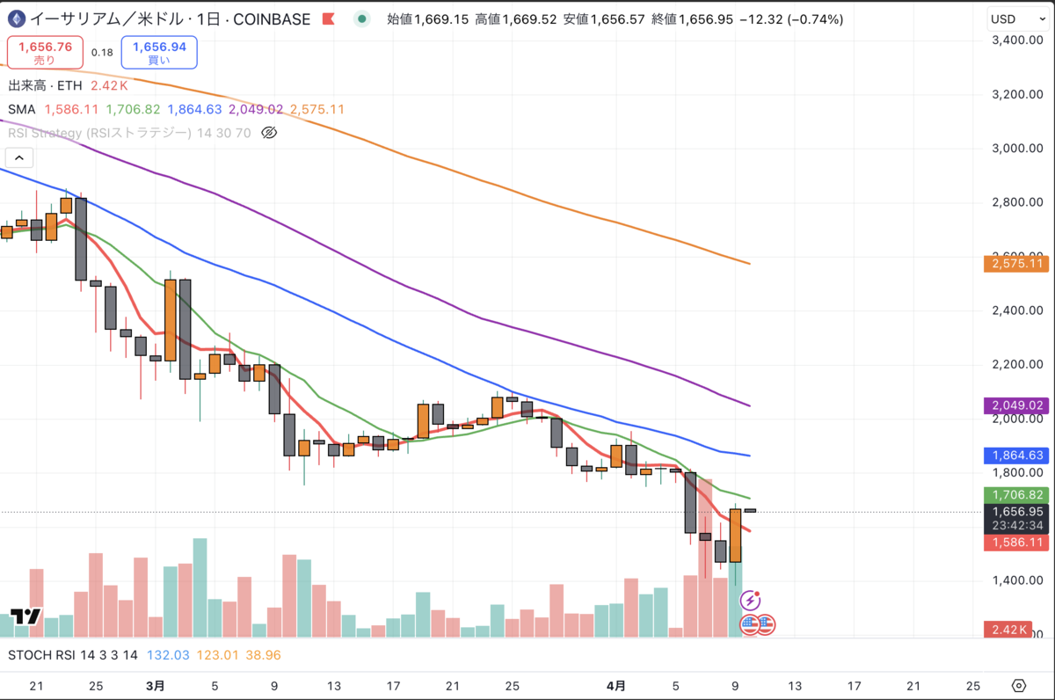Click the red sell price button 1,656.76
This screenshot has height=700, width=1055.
[x=45, y=52]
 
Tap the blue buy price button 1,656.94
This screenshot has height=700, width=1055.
[x=159, y=52]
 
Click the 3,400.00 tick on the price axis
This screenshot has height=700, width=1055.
[x=1017, y=40]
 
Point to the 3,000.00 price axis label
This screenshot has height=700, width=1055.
[x=1017, y=148]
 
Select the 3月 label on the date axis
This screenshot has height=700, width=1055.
[x=155, y=685]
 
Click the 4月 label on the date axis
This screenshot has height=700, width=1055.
[x=617, y=685]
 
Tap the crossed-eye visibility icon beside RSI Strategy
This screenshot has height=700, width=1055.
[x=270, y=133]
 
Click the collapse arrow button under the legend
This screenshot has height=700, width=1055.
[x=19, y=158]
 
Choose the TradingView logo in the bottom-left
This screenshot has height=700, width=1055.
[x=26, y=616]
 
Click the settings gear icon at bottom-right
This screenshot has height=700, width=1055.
[x=1019, y=685]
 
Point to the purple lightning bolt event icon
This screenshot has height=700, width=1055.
[x=750, y=601]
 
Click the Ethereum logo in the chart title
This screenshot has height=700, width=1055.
[x=16, y=18]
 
